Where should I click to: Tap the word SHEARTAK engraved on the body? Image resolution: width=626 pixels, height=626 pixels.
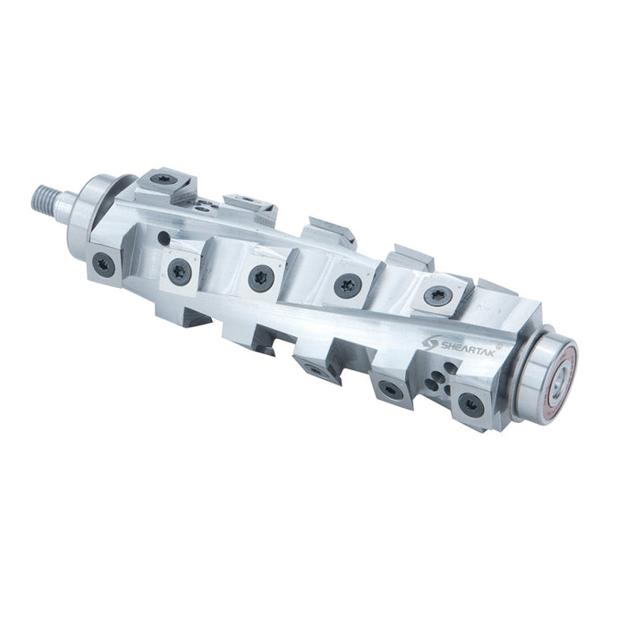467,347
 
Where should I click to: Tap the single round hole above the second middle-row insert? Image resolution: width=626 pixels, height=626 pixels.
164,239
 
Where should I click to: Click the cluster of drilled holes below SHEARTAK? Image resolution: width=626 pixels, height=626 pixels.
440,379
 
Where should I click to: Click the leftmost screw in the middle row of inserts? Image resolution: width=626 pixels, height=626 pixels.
105,265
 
